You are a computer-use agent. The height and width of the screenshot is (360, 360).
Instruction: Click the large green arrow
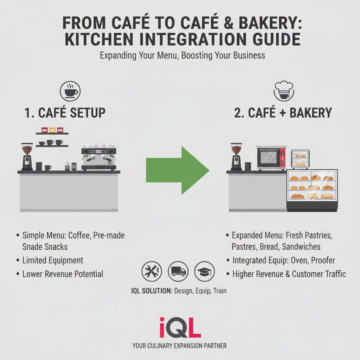[178, 170]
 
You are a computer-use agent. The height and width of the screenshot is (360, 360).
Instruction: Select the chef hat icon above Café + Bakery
[283, 90]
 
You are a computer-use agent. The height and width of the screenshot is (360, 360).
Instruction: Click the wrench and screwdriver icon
[152, 271]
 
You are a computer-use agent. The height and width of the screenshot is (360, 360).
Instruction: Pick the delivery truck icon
[178, 271]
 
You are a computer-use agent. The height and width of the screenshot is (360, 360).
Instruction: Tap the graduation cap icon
[204, 271]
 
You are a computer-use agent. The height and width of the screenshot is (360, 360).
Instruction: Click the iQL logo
[180, 327]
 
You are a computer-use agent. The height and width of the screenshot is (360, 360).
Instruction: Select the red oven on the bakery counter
[271, 158]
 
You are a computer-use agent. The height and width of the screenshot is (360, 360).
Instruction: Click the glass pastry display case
[312, 190]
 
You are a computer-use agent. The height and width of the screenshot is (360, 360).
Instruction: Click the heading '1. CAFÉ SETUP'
[65, 113]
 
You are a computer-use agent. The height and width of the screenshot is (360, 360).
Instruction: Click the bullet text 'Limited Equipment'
[53, 261]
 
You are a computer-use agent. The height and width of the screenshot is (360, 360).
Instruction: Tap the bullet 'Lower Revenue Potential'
[63, 274]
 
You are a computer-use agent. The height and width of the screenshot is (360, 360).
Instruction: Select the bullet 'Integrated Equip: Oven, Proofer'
[283, 261]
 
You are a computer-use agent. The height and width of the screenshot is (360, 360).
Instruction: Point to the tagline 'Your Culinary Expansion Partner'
[180, 346]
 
